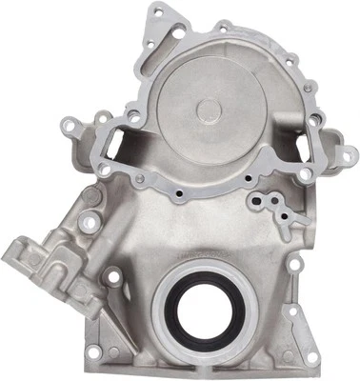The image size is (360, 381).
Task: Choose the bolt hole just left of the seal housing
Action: tap(112, 278)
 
